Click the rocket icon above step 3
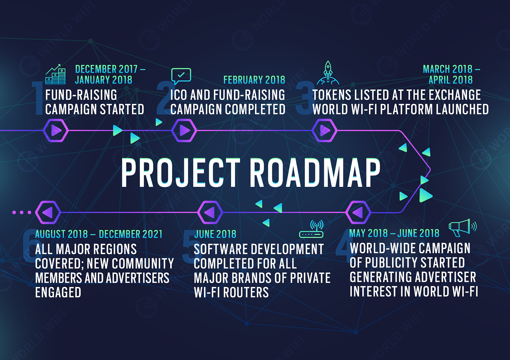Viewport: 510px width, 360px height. click(328, 73)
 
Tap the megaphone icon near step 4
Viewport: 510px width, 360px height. click(462, 228)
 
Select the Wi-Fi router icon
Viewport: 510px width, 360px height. click(311, 229)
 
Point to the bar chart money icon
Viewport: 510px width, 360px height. click(55, 74)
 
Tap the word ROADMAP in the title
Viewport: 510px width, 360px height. click(315, 173)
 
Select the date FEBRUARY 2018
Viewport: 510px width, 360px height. click(254, 80)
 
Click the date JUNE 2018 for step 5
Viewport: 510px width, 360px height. click(215, 234)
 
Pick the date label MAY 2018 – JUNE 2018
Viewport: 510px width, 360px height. click(394, 233)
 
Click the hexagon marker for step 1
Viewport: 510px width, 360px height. click(56, 130)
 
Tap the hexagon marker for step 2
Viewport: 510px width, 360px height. click(184, 130)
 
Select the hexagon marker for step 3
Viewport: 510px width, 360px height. click(324, 130)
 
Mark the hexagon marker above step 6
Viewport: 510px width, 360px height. click(48, 212)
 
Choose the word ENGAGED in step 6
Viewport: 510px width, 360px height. click(58, 292)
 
